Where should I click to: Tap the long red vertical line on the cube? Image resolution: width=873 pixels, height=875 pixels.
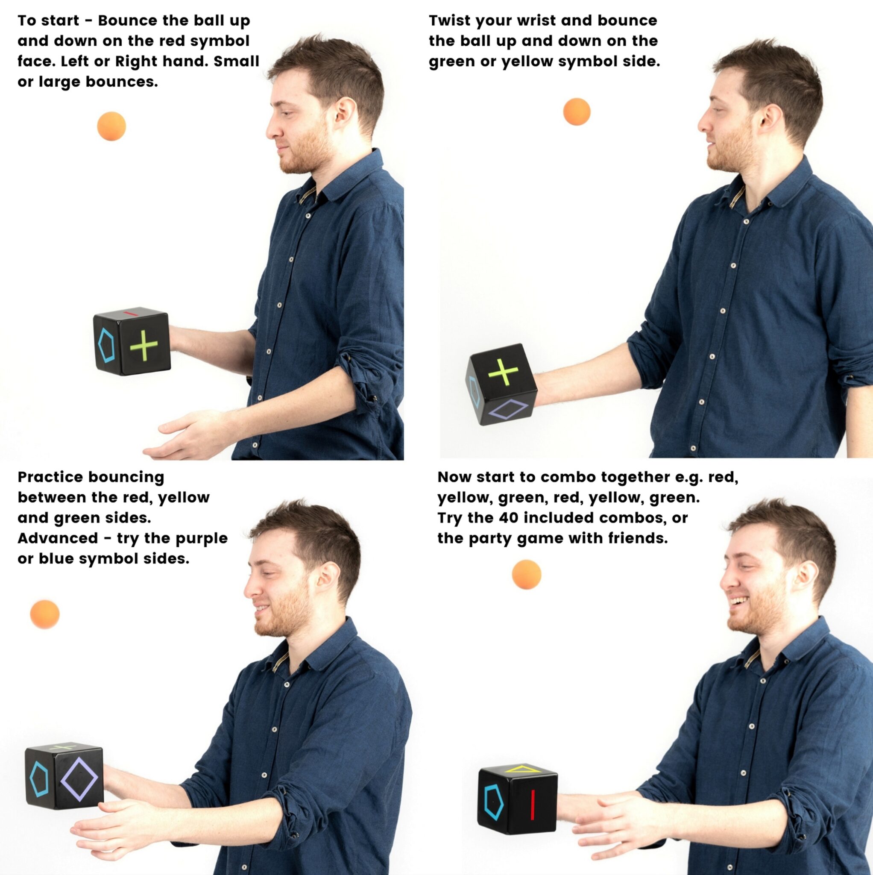coord(533,805)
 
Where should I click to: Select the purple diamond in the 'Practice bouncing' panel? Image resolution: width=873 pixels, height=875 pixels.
coord(79,779)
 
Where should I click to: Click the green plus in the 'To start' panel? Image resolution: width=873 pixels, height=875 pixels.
coord(144,346)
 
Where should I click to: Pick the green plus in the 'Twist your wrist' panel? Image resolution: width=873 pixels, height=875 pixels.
coord(503,372)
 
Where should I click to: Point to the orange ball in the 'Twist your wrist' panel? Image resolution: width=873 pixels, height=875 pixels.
coord(577,112)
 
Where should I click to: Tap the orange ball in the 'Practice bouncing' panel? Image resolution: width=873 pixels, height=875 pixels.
coord(45,614)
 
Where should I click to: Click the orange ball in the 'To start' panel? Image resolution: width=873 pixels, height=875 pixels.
coord(111,126)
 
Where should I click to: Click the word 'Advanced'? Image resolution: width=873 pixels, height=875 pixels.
coord(58,538)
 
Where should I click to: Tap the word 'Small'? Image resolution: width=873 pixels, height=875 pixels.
coord(236,61)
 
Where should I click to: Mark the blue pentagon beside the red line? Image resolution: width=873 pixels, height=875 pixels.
coord(494,802)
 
